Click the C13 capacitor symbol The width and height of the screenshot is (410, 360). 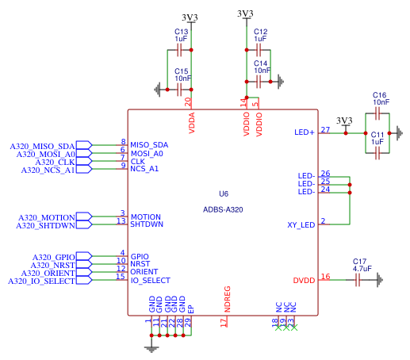tap(179, 50)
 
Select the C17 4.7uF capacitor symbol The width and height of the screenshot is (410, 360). tap(358, 280)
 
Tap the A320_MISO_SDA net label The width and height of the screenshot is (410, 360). tap(42, 146)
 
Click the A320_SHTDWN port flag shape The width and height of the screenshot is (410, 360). tap(84, 225)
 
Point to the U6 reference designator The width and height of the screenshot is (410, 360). tap(224, 193)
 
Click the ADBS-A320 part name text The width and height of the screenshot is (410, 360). tap(223, 210)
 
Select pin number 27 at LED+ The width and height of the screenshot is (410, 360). tap(325, 130)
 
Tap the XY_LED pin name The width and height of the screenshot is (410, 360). tap(301, 225)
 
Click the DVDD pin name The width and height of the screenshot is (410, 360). tap(304, 281)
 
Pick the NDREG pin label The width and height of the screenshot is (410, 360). tap(227, 299)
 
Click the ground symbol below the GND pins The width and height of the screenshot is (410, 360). tap(151, 350)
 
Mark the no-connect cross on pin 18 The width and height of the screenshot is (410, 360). tap(278, 328)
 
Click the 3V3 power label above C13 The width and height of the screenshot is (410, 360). tap(190, 17)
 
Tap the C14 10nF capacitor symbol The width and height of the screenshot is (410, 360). tap(259, 82)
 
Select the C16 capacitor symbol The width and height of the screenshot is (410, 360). tap(377, 113)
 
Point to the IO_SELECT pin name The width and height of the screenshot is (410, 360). tap(151, 281)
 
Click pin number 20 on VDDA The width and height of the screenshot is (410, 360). tap(188, 102)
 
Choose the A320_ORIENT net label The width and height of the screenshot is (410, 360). tap(48, 273)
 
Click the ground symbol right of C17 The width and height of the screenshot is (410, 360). tap(380, 280)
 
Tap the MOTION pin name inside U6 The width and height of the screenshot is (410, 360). tap(146, 217)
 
